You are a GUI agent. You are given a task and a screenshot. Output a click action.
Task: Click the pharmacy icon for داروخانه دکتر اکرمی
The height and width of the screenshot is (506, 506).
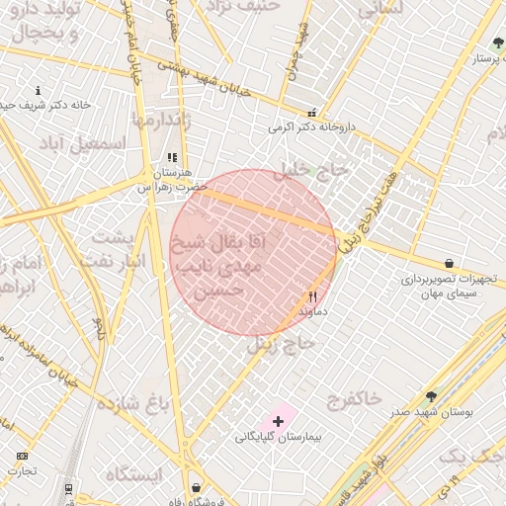tap(312, 114)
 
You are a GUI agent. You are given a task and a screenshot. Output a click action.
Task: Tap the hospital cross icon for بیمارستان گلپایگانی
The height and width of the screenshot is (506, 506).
tap(278, 421)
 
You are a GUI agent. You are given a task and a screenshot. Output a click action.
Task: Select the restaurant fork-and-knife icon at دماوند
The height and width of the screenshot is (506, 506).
tap(313, 295)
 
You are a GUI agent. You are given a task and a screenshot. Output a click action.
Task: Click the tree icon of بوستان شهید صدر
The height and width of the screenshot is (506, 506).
tap(431, 396)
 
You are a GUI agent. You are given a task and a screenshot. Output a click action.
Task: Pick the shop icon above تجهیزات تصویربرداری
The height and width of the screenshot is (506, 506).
tap(450, 264)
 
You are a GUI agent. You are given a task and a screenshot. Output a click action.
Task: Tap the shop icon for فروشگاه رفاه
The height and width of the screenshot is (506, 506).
tap(196, 487)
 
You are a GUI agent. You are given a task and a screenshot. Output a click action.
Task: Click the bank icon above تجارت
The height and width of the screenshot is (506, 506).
tap(22, 456)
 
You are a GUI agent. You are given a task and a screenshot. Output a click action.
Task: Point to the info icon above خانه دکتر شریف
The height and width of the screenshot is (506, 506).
tap(38, 90)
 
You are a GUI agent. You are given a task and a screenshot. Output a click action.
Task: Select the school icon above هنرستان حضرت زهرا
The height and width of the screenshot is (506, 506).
tap(172, 157)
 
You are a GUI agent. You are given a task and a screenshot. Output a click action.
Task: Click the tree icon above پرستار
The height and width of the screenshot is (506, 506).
tap(497, 43)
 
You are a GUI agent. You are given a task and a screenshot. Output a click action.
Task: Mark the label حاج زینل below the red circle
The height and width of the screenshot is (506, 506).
tap(281, 343)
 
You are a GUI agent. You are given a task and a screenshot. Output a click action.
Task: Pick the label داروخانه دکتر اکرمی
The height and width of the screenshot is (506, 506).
tap(311, 127)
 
